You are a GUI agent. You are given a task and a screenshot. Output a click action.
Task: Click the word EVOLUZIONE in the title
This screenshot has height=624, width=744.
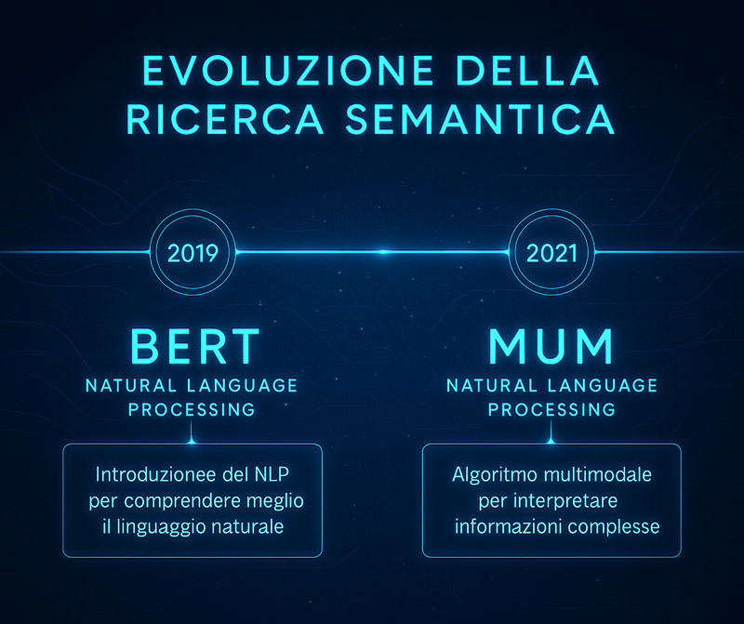pyautogui.click(x=288, y=71)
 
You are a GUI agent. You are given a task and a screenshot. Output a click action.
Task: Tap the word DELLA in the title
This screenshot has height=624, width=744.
pyautogui.click(x=527, y=71)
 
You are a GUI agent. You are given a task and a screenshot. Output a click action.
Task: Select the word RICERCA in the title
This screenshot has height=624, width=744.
pyautogui.click(x=225, y=119)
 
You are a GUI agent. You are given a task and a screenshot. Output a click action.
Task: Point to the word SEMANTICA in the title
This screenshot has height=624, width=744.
pyautogui.click(x=480, y=119)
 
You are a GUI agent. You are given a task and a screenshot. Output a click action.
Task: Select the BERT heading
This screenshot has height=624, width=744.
pyautogui.click(x=195, y=346)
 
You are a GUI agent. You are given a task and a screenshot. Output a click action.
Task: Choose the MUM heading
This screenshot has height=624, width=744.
pyautogui.click(x=551, y=346)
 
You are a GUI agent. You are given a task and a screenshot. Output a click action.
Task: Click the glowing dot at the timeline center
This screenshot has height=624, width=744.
pyautogui.click(x=383, y=251)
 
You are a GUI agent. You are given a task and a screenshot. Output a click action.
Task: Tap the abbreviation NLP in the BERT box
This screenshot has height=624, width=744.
pyautogui.click(x=272, y=474)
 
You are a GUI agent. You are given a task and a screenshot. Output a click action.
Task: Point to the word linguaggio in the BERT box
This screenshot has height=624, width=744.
pyautogui.click(x=161, y=527)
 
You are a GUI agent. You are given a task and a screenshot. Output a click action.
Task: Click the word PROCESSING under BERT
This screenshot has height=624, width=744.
pyautogui.click(x=192, y=409)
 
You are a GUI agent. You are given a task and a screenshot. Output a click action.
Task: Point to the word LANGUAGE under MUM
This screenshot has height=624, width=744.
pyautogui.click(x=603, y=386)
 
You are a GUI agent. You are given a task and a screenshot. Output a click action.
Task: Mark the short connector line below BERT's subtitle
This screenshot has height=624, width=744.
pyautogui.click(x=192, y=431)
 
